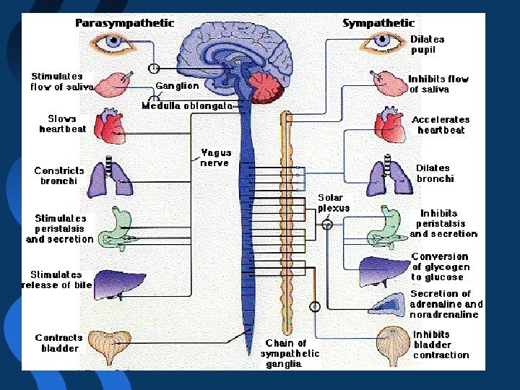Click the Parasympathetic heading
125,23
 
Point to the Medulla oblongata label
187,105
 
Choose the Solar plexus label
333,203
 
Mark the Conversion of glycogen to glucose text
440,266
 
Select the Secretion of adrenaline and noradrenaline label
446,304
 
